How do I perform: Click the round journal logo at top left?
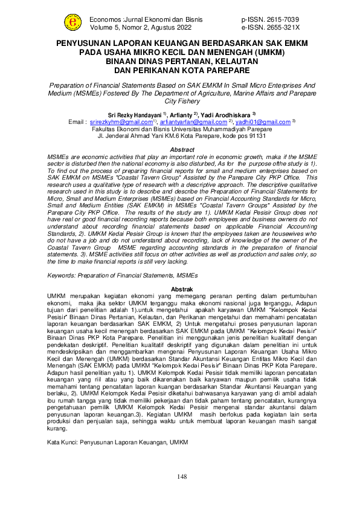pyautogui.click(x=74, y=22)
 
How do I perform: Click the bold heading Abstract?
pyautogui.click(x=182, y=149)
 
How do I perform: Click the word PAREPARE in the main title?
pyautogui.click(x=223, y=70)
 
